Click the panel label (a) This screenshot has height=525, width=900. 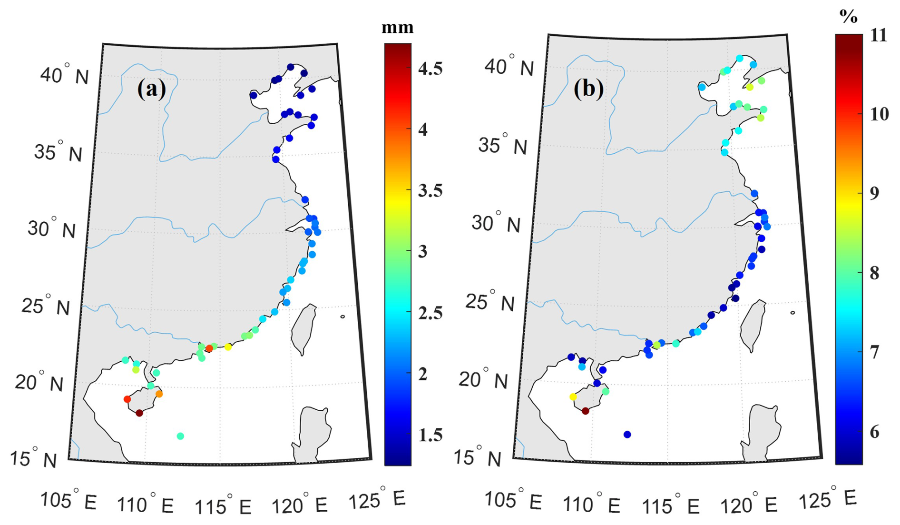[152, 89]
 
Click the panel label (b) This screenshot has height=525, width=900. [588, 89]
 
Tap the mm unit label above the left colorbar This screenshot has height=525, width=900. [398, 28]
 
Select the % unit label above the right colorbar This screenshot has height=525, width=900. [848, 17]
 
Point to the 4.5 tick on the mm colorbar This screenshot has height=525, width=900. [430, 69]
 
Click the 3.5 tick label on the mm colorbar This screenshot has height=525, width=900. [430, 191]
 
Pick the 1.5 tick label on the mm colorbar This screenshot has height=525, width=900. [430, 435]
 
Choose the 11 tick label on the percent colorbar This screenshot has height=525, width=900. [878, 36]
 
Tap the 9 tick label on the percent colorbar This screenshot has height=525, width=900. [873, 193]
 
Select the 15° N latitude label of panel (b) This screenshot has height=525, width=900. [477, 457]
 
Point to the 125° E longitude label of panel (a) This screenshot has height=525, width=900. [377, 499]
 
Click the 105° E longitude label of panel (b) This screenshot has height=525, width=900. [513, 501]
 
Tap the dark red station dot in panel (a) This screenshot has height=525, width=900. [139, 413]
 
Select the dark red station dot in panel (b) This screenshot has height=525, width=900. [585, 411]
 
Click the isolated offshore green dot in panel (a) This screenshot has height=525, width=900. [180, 436]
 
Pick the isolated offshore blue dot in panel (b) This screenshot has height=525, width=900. [627, 435]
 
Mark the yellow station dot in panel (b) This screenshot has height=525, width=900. [573, 397]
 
